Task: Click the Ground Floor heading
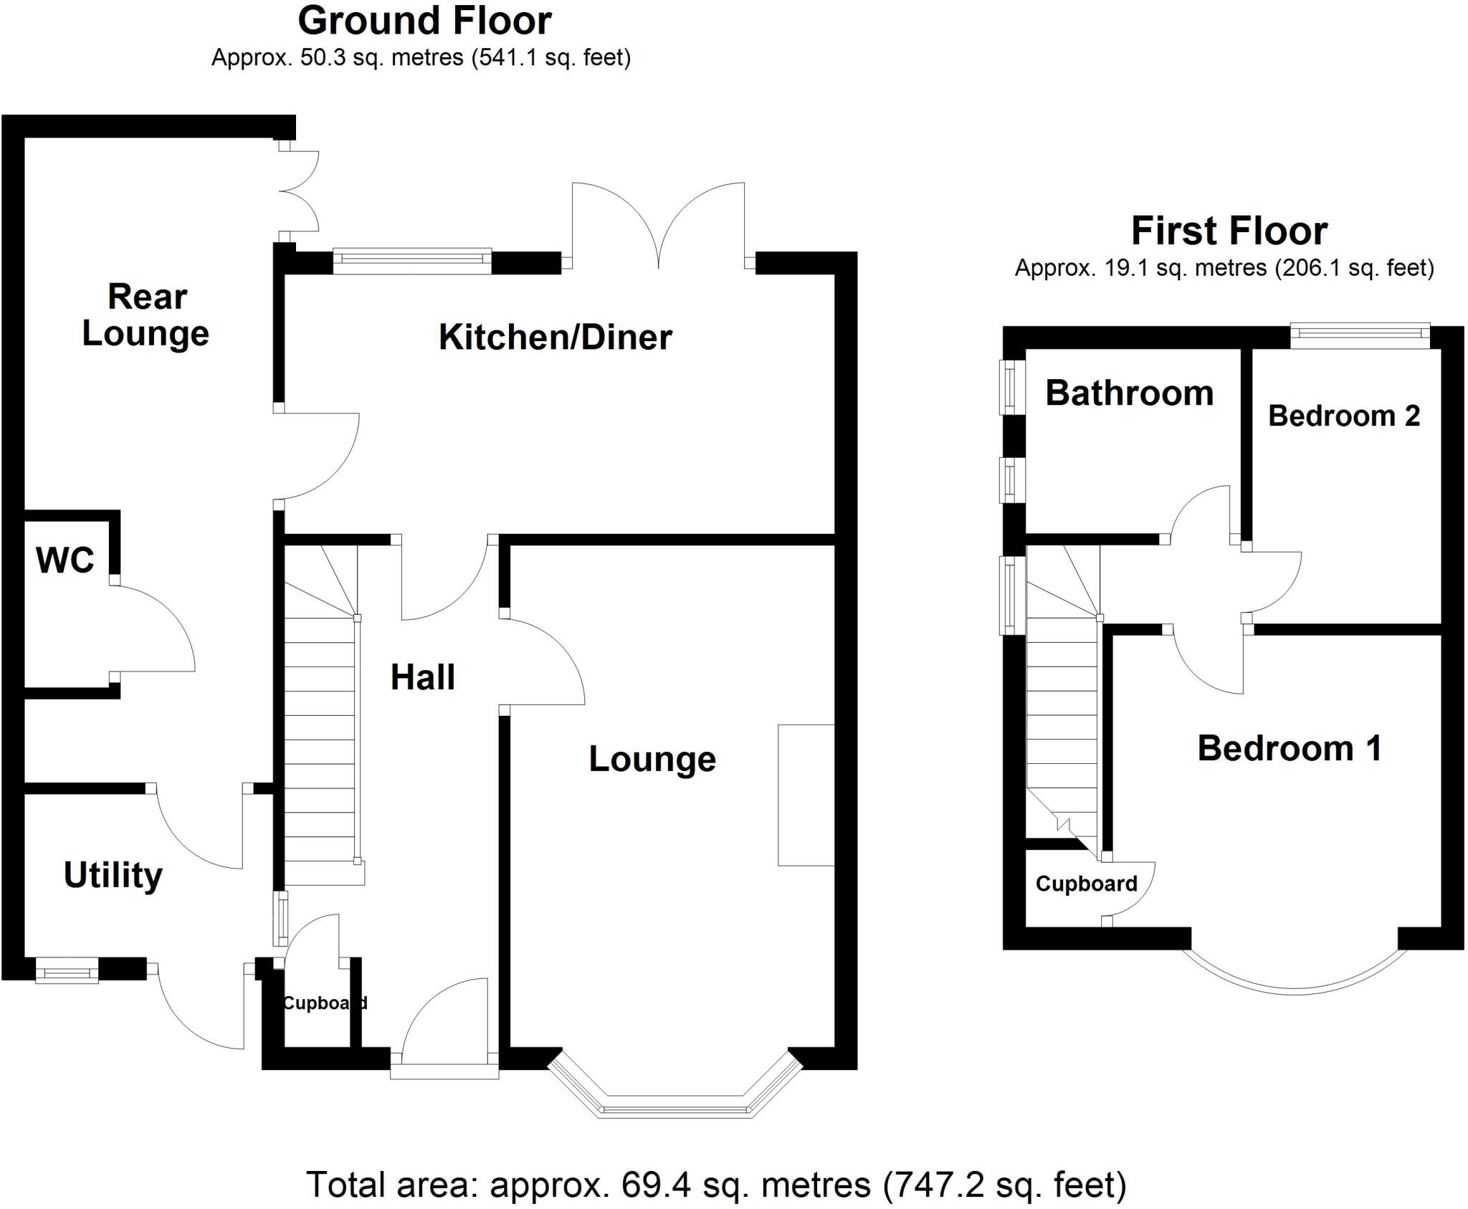(424, 21)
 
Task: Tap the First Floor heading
(1229, 231)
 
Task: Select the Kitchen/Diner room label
(555, 338)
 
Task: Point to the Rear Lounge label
(146, 315)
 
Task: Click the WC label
(65, 560)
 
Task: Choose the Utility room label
(113, 875)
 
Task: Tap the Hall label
(422, 677)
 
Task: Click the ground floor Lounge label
(652, 760)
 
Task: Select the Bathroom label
(1129, 393)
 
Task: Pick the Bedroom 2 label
(1344, 416)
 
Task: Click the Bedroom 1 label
(1290, 749)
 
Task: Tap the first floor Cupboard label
(1086, 884)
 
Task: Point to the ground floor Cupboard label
(324, 1003)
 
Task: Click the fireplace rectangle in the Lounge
(806, 795)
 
